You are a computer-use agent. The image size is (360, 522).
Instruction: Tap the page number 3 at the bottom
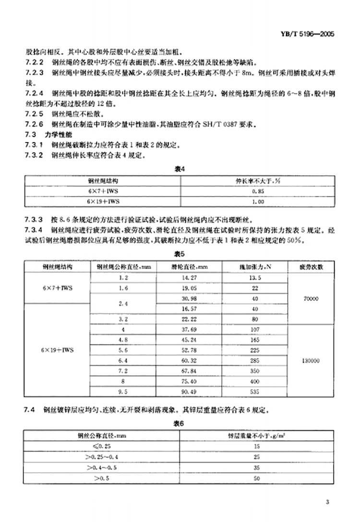click(x=326, y=502)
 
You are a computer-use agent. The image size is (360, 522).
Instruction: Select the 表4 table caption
click(x=179, y=169)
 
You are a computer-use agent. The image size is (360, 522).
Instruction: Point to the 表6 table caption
click(x=179, y=424)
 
